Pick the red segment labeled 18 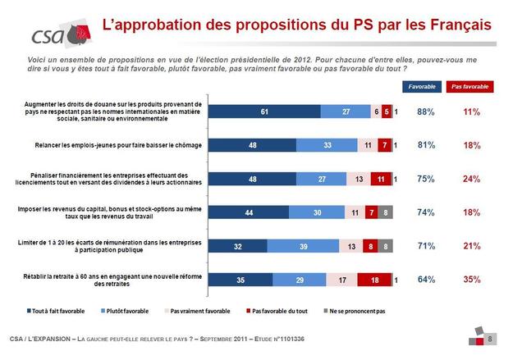pyautogui.click(x=374, y=280)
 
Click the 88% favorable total pyautogui.click(x=425, y=112)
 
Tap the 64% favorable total pyautogui.click(x=425, y=280)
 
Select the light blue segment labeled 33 pyautogui.click(x=327, y=145)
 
